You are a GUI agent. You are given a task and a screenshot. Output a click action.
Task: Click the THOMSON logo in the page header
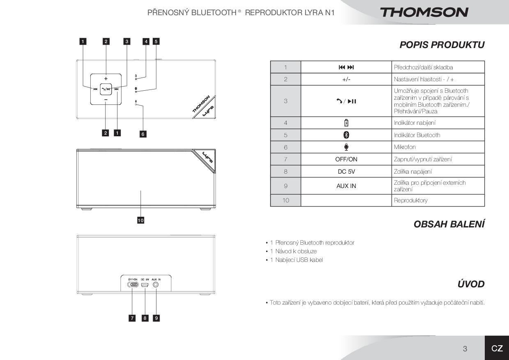pos(424,12)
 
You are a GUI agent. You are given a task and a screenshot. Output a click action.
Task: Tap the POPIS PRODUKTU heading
pos(442,45)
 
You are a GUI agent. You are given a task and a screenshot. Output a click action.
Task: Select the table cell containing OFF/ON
pos(346,159)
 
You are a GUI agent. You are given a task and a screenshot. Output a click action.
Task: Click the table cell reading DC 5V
pos(346,172)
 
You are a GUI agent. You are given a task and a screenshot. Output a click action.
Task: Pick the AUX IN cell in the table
pos(346,186)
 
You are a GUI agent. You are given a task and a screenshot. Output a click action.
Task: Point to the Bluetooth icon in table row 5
pos(346,135)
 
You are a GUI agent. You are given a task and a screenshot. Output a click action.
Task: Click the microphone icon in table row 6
pos(346,147)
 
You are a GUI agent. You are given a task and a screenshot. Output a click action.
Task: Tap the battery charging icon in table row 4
pos(346,123)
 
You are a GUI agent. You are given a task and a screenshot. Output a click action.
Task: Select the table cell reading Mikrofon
pos(438,147)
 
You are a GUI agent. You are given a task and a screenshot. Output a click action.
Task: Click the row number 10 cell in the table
pos(285,200)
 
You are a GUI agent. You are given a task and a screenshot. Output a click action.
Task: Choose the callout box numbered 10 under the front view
pos(140,220)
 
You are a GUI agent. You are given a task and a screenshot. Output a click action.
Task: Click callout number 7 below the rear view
pos(132,318)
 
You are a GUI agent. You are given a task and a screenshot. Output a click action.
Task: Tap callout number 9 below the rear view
pos(156,318)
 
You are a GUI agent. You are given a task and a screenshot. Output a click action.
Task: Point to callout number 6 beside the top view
pos(143,134)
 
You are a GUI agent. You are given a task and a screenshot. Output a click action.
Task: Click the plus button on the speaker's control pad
pos(106,78)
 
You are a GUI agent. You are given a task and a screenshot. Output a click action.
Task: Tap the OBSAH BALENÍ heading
pos(449,224)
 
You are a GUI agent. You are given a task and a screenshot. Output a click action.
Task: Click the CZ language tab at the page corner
pos(497,349)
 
